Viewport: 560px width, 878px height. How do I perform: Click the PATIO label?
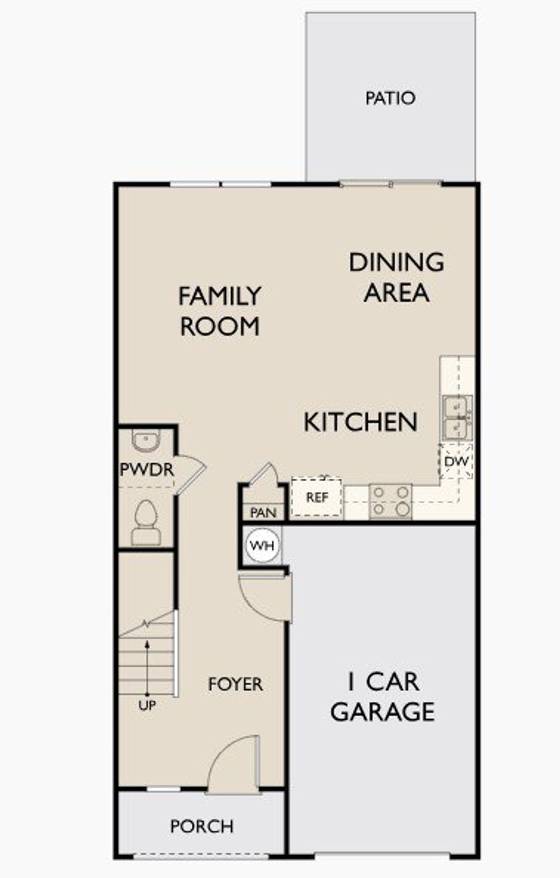click(390, 98)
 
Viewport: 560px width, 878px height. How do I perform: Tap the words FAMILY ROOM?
click(220, 311)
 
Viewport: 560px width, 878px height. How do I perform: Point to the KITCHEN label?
click(360, 422)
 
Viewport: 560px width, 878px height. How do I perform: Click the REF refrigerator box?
click(317, 497)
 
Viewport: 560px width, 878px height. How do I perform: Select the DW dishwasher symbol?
click(456, 461)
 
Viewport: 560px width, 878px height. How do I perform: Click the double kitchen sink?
click(457, 418)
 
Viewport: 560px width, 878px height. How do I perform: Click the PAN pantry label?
click(263, 513)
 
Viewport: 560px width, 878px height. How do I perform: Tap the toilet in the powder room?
click(146, 523)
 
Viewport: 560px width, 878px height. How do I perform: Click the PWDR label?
click(147, 470)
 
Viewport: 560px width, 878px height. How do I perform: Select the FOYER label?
click(235, 684)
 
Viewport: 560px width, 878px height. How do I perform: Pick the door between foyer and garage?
click(265, 597)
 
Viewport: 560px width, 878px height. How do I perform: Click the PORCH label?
click(202, 826)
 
